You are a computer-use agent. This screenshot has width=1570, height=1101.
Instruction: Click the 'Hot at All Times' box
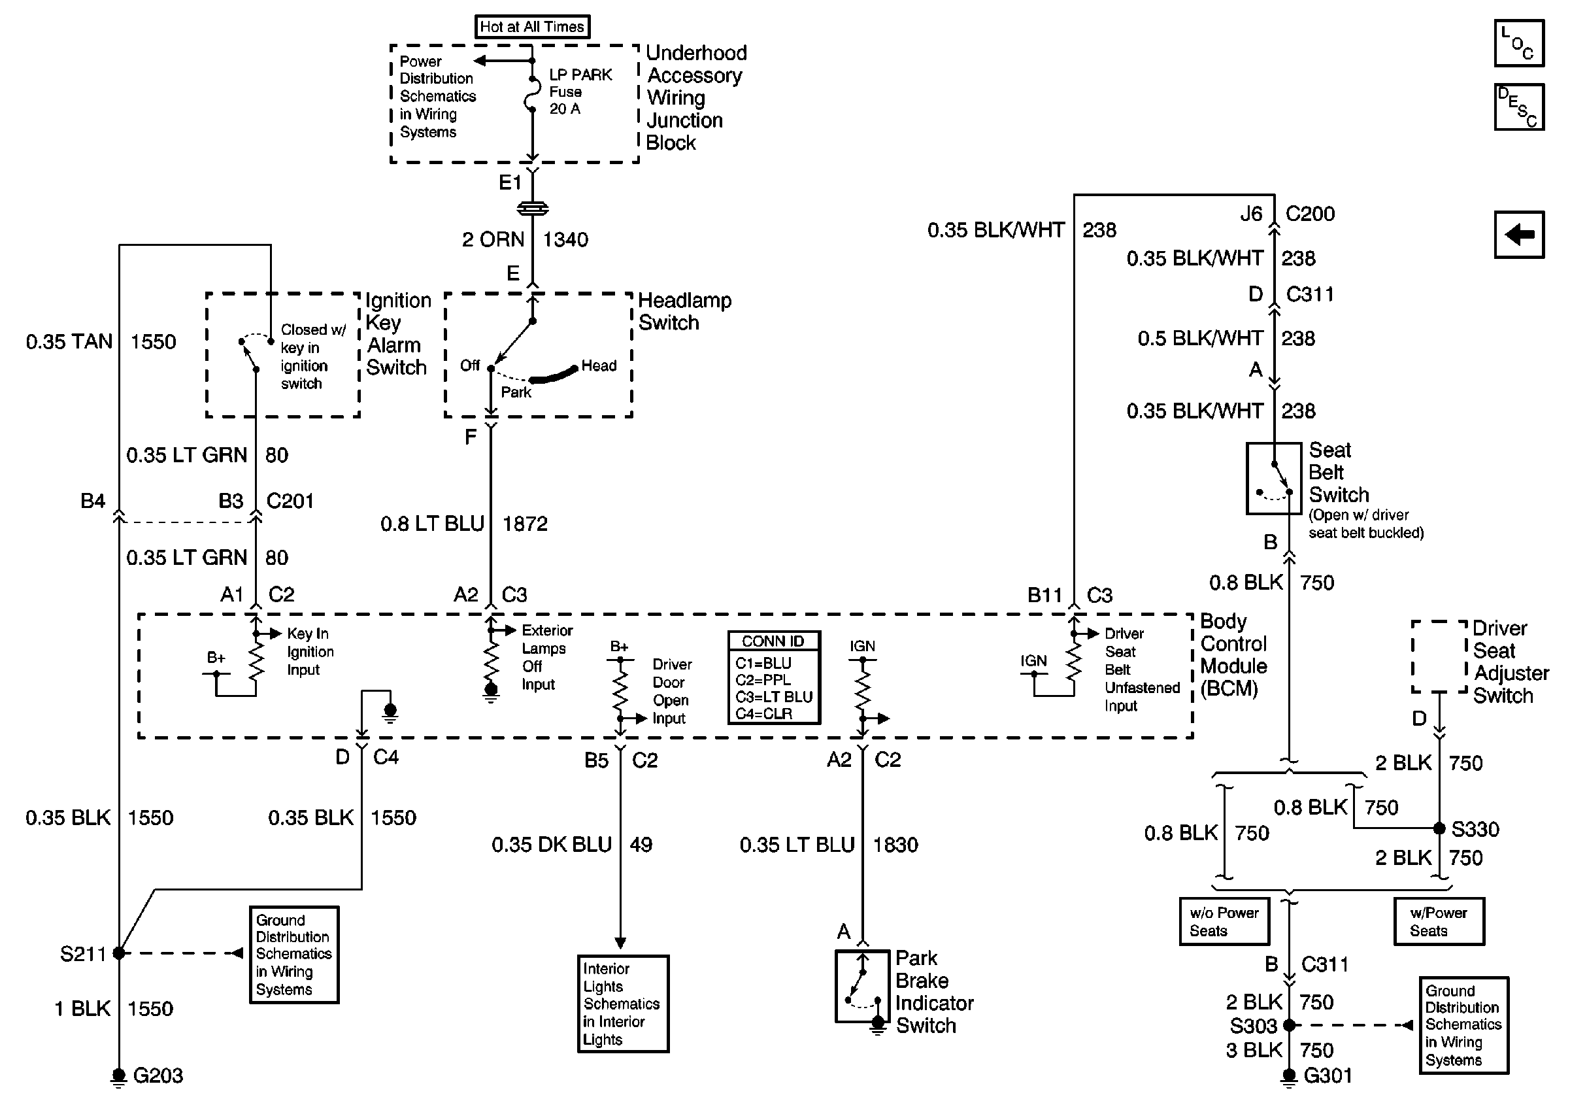532,27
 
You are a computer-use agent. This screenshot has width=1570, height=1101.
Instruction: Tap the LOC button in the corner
1519,43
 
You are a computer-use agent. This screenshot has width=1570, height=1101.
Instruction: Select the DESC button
1519,107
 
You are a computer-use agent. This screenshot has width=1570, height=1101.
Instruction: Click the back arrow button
1519,235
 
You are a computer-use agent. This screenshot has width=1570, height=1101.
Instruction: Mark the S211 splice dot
119,953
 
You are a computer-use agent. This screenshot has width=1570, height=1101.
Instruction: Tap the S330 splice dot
1439,828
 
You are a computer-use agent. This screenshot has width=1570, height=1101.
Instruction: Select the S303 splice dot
1289,1025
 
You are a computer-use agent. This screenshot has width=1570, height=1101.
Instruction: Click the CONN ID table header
773,641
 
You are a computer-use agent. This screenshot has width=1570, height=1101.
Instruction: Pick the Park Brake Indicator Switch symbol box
862,985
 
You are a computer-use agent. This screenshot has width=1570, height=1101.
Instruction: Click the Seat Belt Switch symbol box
1273,478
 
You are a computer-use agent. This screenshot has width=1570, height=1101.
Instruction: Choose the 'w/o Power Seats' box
1224,921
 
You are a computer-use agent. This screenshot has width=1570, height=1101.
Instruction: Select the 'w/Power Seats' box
1439,921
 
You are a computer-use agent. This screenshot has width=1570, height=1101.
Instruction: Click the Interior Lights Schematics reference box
623,1003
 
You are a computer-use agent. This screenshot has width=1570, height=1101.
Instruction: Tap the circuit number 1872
525,524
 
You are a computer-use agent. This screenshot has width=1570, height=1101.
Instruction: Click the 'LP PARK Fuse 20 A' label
580,92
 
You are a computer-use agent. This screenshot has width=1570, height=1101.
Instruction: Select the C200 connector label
1310,214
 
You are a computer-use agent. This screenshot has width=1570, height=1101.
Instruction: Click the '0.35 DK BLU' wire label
551,845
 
